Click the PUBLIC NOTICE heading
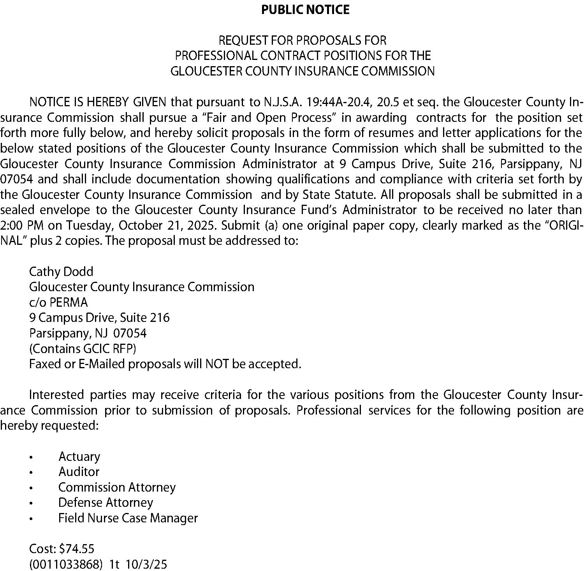pos(305,10)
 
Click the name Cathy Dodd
pos(61,271)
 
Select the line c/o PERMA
pos(58,302)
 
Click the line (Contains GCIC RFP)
pos(83,348)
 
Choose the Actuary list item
pos(79,456)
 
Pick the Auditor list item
pos(79,472)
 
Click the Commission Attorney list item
pos(117,487)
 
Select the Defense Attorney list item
pos(106,502)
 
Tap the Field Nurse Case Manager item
pos(128,518)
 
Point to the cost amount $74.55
pos(76,549)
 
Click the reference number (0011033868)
pos(66,564)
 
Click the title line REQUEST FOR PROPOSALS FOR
pos(303,40)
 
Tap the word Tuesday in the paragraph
pos(90,225)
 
